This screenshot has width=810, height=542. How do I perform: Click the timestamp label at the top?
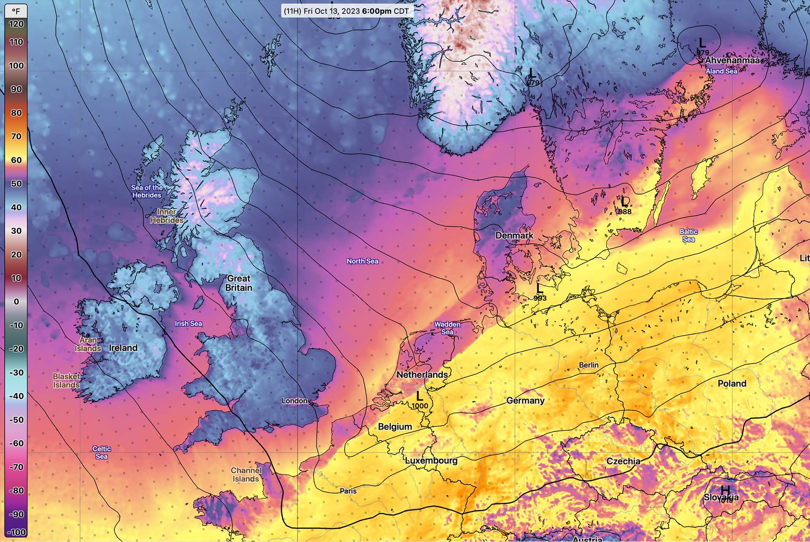[x=346, y=11]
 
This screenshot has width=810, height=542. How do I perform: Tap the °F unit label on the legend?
[x=16, y=11]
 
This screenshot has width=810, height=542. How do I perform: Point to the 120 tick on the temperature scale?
[x=16, y=24]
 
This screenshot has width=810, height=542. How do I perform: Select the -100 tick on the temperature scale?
[x=16, y=532]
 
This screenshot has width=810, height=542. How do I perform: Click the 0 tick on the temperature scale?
[x=16, y=302]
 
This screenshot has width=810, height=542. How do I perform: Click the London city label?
[x=294, y=401]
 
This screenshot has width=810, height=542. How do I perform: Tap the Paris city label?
[x=348, y=491]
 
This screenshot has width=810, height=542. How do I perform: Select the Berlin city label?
[x=589, y=365]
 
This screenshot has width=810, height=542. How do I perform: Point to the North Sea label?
[x=362, y=262]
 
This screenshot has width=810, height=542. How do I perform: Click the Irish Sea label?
[x=188, y=324]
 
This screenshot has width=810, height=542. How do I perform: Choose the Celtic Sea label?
[x=102, y=453]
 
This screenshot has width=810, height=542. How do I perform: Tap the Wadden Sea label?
[x=447, y=328]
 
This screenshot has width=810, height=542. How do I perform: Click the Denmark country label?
[x=514, y=236]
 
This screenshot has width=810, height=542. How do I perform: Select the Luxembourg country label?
[x=431, y=461]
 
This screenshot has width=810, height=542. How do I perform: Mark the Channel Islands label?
[x=246, y=475]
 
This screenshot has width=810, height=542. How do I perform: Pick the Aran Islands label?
[x=88, y=344]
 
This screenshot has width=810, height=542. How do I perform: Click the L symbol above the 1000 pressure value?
[x=419, y=396]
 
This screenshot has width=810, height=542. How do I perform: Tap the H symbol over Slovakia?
[x=725, y=490]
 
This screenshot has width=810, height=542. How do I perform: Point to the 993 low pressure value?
[x=540, y=298]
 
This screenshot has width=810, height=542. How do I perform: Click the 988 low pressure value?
[x=625, y=211]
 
